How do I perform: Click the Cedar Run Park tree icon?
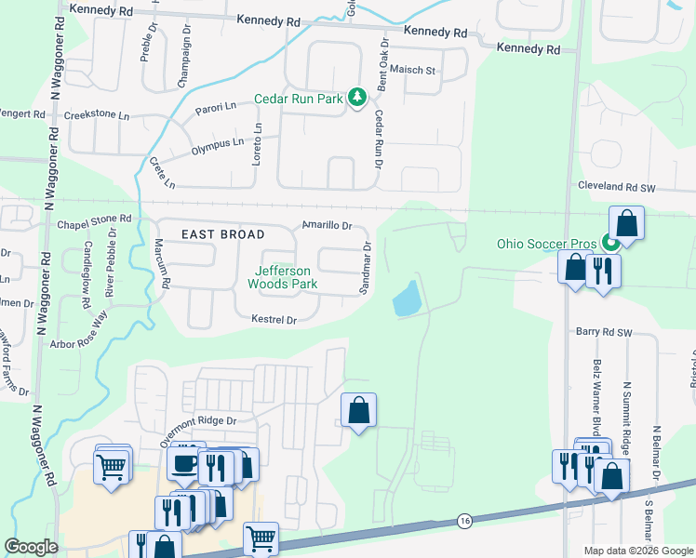click(356, 98)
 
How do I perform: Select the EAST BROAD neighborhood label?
click(222, 234)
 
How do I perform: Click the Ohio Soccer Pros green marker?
click(610, 245)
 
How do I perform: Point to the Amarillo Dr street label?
click(328, 226)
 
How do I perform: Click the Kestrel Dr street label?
click(273, 320)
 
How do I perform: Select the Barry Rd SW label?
click(604, 331)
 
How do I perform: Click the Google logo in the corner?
click(31, 547)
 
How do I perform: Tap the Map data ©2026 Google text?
click(637, 551)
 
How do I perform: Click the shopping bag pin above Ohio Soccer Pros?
click(627, 224)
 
